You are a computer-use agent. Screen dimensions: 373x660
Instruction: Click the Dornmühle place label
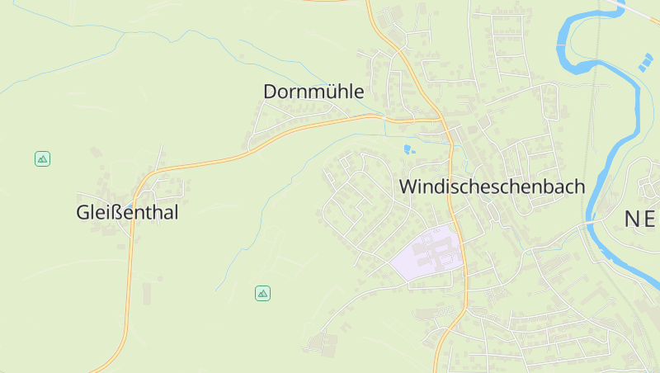[x=313, y=92]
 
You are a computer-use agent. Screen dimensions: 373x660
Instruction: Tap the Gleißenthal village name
[x=127, y=212]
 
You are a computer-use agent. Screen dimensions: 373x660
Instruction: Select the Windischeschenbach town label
[x=492, y=186]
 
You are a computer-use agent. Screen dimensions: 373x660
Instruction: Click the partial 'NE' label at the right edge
[x=640, y=219]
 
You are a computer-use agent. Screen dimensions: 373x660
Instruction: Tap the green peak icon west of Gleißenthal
[x=42, y=158]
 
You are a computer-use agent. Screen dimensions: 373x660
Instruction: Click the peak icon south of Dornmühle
[x=262, y=293]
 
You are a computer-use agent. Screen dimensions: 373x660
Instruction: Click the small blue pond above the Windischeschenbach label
[x=408, y=149]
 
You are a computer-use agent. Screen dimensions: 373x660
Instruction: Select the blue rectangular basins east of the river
[x=643, y=61]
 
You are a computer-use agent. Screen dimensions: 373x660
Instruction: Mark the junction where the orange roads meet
[x=442, y=120]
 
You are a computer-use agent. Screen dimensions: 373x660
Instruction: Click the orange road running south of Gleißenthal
[x=129, y=289]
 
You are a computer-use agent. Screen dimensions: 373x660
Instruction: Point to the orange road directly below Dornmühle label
[x=313, y=125]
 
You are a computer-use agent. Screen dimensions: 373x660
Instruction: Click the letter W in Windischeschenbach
[x=407, y=186]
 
